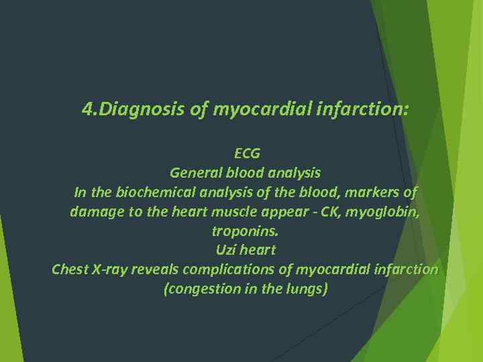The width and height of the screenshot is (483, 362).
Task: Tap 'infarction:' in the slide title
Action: pyautogui.click(x=368, y=109)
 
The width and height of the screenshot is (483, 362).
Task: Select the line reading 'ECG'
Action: pyautogui.click(x=246, y=154)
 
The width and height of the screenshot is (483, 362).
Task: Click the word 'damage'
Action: pyautogui.click(x=95, y=212)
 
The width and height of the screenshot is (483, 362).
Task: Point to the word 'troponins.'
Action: pyautogui.click(x=245, y=231)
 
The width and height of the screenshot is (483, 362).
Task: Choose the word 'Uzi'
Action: pyautogui.click(x=226, y=251)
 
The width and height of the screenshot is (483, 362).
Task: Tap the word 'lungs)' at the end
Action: pyautogui.click(x=308, y=290)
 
